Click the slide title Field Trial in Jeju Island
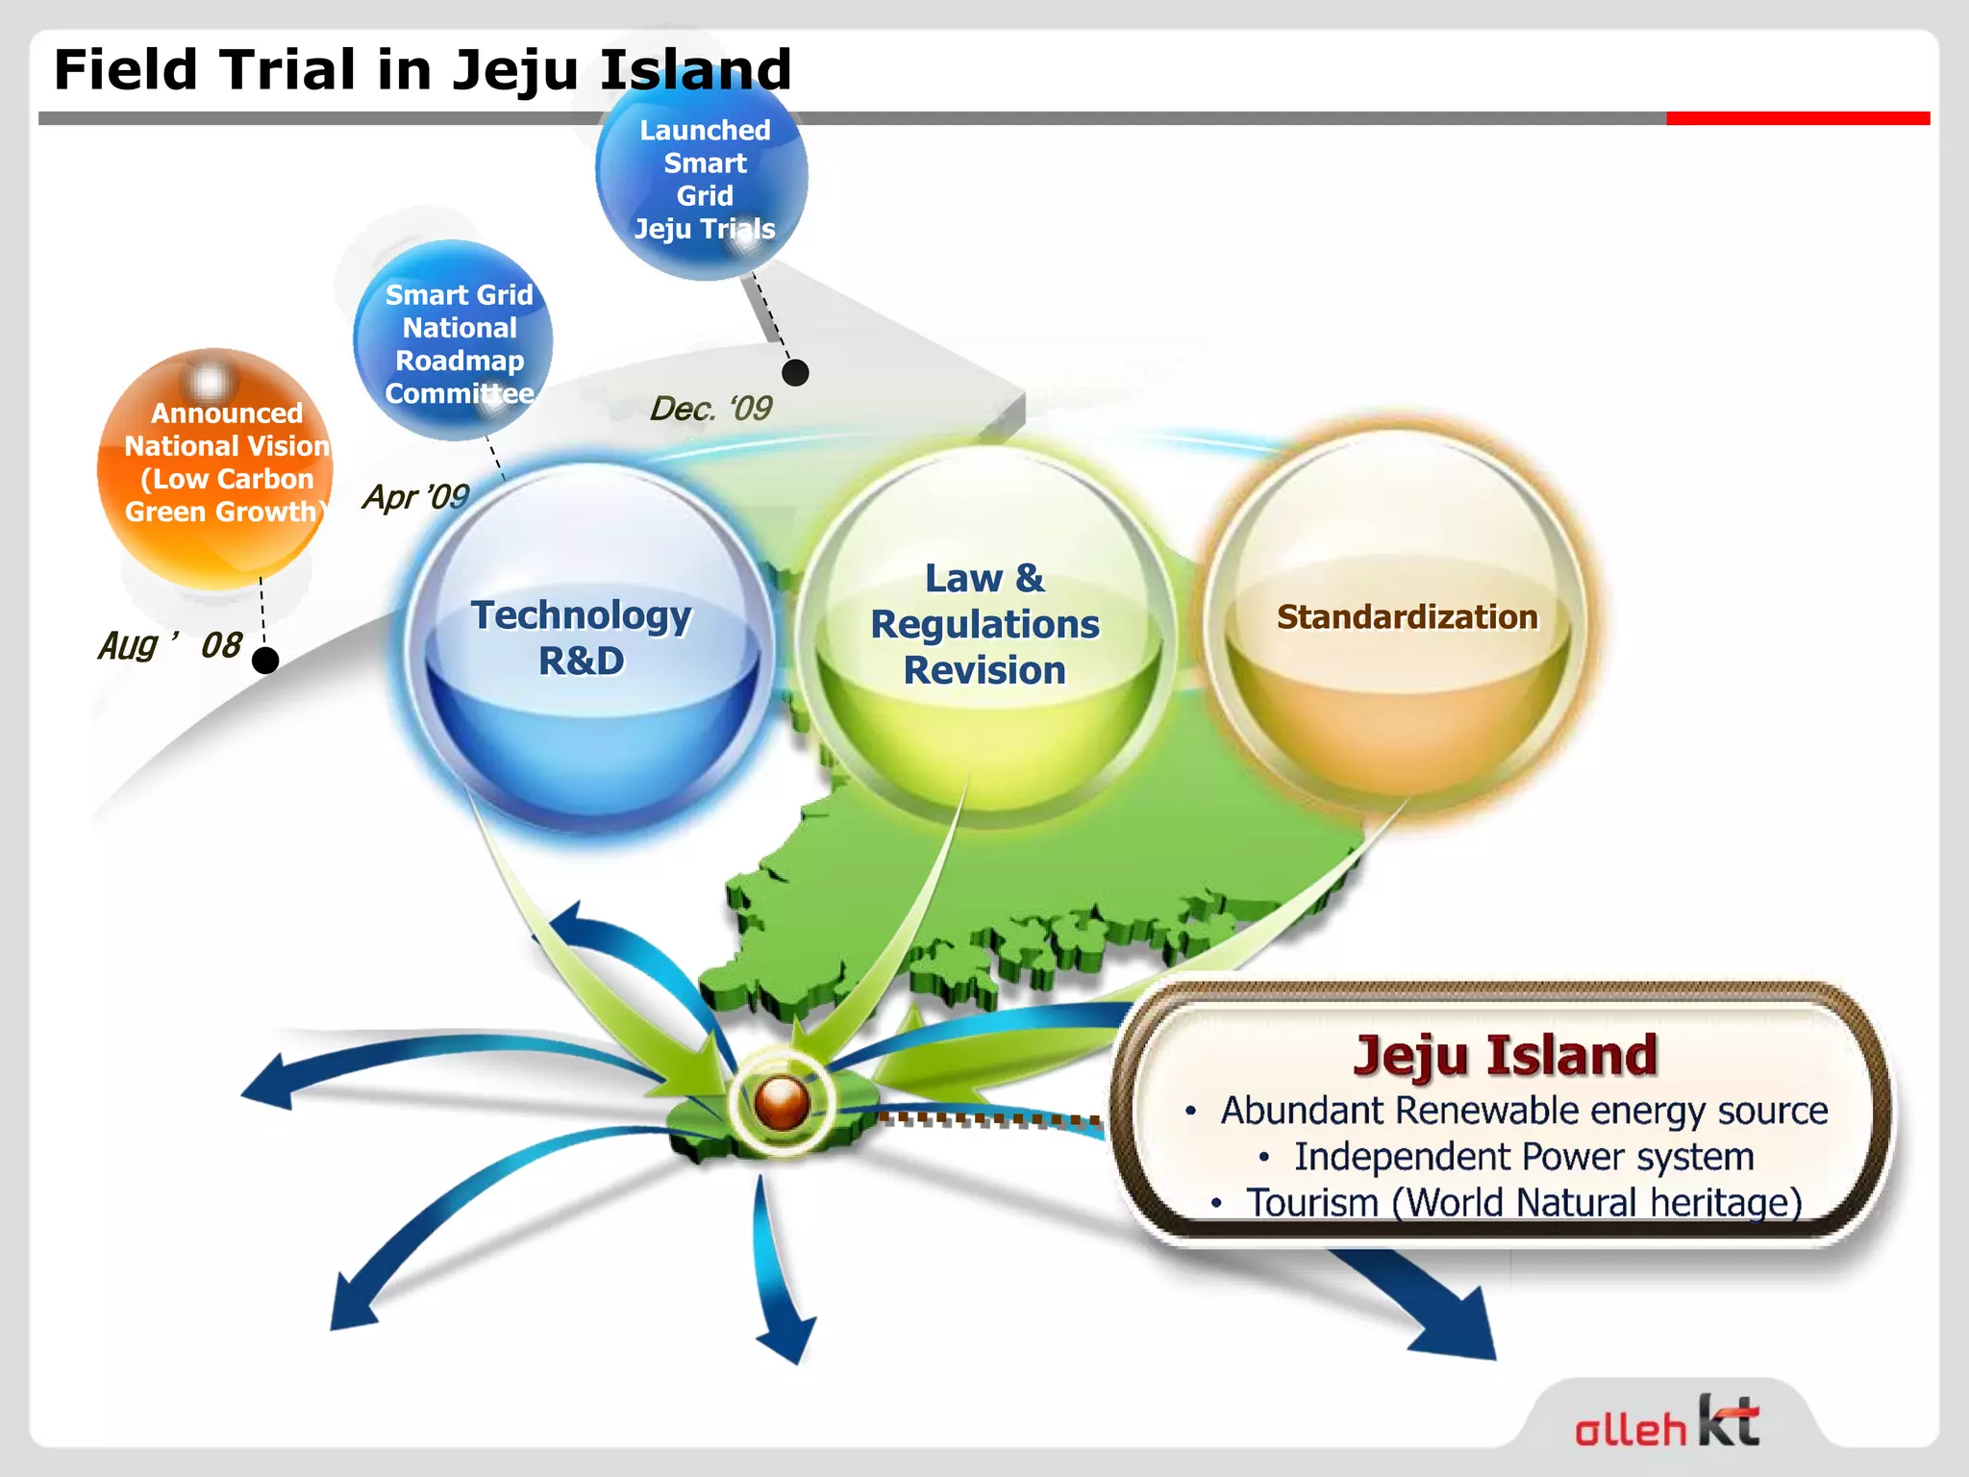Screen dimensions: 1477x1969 [x=423, y=69]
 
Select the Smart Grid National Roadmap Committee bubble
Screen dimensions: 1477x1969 [x=454, y=341]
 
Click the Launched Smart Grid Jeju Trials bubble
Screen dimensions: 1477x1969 [x=703, y=178]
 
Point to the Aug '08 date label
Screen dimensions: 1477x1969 [x=169, y=644]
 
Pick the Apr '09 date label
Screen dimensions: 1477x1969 [x=415, y=496]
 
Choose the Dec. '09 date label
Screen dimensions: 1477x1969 [x=710, y=409]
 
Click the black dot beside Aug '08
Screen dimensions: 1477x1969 [x=265, y=661]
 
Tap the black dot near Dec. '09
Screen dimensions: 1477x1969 [x=795, y=372]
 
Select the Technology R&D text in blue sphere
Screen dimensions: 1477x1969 [x=582, y=638]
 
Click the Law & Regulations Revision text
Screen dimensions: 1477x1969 [x=984, y=624]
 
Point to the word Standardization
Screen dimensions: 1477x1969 [x=1407, y=616]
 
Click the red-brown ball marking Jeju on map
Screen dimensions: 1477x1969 [x=782, y=1102]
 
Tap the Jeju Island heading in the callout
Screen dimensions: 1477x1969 [x=1505, y=1055]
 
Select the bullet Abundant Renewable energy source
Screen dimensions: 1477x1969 [x=1523, y=1111]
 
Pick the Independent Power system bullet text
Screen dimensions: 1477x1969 [x=1523, y=1157]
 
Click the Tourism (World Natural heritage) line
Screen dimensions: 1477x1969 [x=1523, y=1202]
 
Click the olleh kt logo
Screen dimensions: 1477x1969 [x=1667, y=1423]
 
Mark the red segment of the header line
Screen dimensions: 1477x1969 [x=1798, y=118]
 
